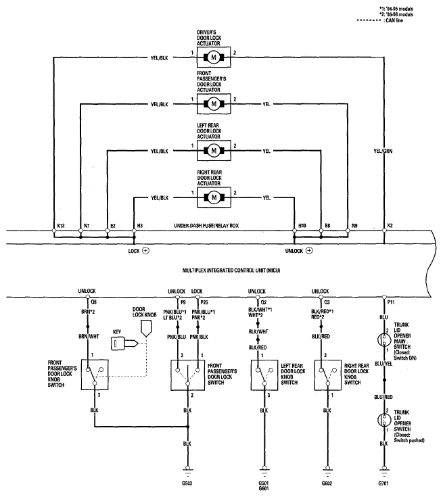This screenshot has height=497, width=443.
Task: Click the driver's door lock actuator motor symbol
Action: tap(214, 57)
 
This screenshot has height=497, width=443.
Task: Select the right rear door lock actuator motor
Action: tap(214, 197)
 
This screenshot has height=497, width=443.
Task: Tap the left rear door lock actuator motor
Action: tap(214, 151)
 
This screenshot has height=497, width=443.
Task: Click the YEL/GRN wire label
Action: tap(383, 151)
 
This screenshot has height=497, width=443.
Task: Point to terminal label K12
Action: tap(61, 226)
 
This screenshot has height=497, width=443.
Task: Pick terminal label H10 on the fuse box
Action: tap(302, 226)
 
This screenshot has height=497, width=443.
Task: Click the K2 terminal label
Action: tap(390, 226)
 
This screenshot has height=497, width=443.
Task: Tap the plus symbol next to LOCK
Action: tap(145, 251)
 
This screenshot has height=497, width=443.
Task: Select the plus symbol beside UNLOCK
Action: tap(309, 251)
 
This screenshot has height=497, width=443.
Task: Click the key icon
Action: tap(124, 344)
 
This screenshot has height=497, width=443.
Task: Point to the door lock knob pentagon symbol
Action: tap(146, 329)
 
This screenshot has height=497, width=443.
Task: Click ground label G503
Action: tap(187, 483)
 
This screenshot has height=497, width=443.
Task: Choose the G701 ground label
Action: tap(383, 483)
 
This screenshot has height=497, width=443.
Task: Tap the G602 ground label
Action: tap(327, 483)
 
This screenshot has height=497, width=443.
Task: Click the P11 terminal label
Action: tap(391, 302)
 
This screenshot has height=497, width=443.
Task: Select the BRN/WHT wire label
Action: tap(89, 336)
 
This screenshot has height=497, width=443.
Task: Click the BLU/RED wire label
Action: tap(383, 397)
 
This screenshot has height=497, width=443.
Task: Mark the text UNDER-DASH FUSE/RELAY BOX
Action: tap(206, 226)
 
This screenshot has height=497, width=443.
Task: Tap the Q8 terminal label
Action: tap(93, 302)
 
